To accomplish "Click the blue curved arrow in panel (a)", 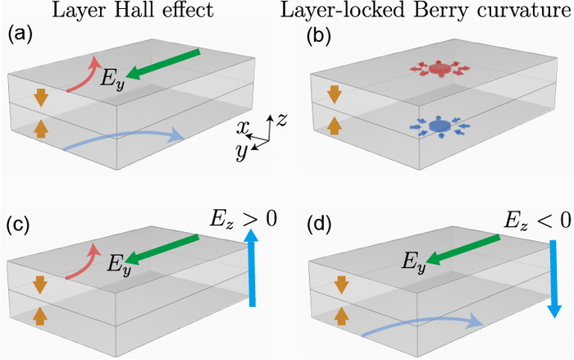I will coord(123,140).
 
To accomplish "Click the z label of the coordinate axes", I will coord(281,120).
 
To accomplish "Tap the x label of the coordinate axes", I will coord(243,128).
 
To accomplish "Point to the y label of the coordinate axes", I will coord(242,151).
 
